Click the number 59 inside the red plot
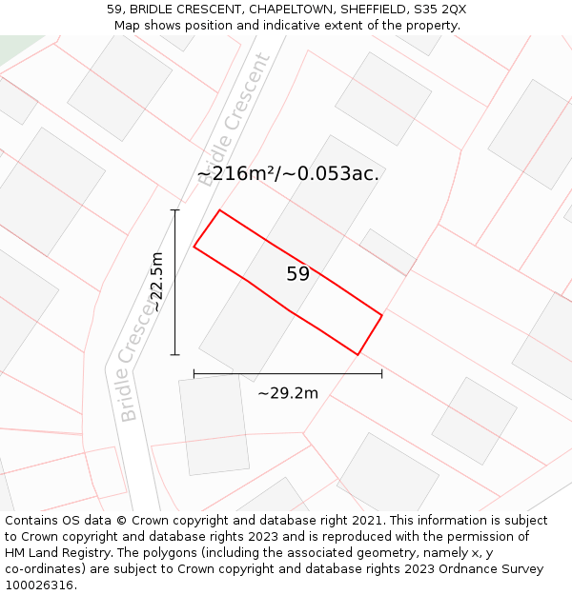click(297, 274)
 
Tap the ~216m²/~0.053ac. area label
click(288, 173)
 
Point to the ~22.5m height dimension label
click(156, 282)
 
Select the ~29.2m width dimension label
click(288, 392)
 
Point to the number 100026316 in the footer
click(38, 585)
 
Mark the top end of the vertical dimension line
click(174, 210)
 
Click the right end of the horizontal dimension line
click(381, 374)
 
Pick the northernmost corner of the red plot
click(220, 210)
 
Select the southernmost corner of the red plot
click(357, 354)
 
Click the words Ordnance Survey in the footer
click(491, 569)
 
